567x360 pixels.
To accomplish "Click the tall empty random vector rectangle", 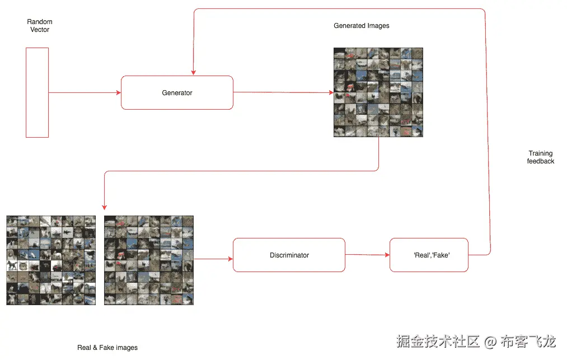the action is click(x=37, y=92).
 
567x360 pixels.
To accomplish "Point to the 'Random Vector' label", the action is click(x=39, y=26).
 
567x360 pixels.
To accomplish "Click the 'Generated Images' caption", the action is click(x=361, y=26).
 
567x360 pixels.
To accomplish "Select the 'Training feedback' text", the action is click(x=540, y=157).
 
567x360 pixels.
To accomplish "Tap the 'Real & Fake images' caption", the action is click(x=107, y=348).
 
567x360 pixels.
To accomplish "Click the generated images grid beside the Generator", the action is click(x=378, y=92).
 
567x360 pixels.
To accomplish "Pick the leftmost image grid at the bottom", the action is click(x=51, y=260).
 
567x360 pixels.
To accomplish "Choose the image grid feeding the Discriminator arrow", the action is click(x=149, y=260).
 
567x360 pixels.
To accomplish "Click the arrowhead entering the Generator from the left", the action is click(x=119, y=93).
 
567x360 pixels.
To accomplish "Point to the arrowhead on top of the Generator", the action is click(x=193, y=73).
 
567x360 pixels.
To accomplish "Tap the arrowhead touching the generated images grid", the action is click(x=331, y=93).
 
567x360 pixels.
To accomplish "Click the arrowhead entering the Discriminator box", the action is click(x=230, y=259).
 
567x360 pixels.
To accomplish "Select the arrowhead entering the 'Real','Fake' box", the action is click(x=387, y=255).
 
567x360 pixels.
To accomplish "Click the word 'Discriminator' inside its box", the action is click(x=289, y=255).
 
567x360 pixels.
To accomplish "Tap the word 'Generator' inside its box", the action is click(x=177, y=93).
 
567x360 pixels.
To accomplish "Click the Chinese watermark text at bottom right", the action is click(x=476, y=341).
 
